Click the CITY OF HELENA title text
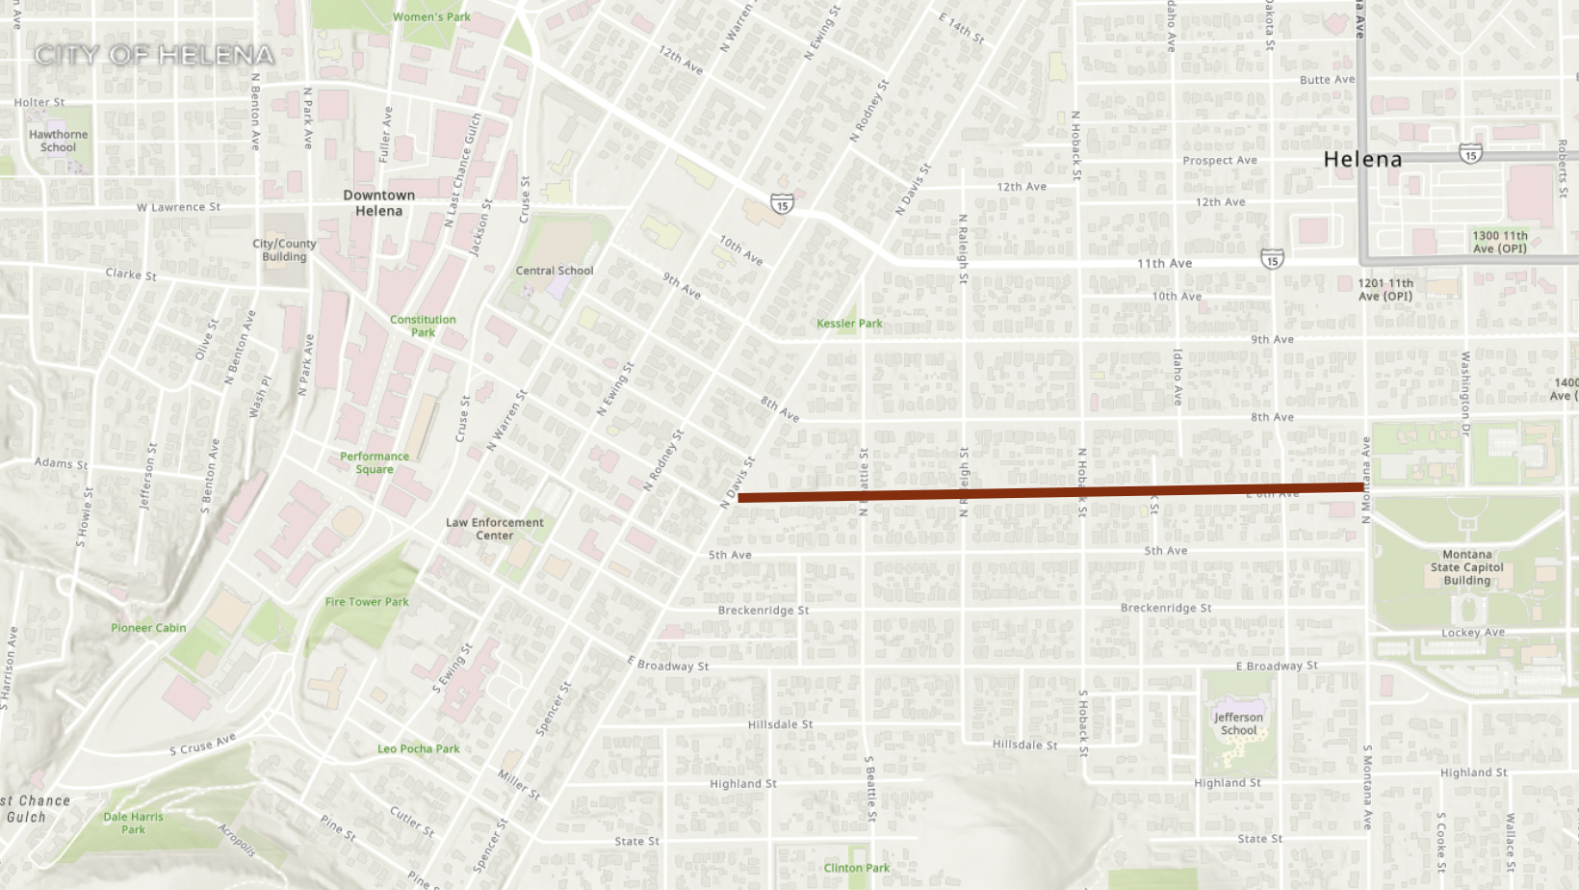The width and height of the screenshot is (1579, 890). (x=154, y=55)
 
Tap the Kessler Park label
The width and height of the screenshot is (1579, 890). (x=849, y=324)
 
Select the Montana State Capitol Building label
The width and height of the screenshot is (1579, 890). (x=1466, y=567)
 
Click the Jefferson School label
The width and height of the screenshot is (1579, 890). (x=1238, y=723)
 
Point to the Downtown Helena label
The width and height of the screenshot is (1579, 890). (x=379, y=202)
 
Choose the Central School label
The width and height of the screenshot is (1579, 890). (x=555, y=271)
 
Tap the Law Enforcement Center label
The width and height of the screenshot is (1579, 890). (x=494, y=529)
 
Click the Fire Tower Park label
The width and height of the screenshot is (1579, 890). (x=367, y=602)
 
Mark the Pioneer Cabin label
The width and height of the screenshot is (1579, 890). (x=148, y=628)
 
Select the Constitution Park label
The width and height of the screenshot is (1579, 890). (x=423, y=326)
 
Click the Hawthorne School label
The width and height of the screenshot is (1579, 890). (x=58, y=141)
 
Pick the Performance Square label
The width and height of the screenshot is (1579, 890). (x=375, y=462)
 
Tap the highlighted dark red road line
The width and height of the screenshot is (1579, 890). (x=1049, y=492)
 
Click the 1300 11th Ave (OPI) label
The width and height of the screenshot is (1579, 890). (x=1499, y=242)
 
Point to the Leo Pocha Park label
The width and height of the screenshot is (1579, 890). (x=418, y=748)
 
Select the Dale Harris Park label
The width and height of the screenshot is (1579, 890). (x=133, y=823)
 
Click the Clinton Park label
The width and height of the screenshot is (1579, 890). (x=856, y=868)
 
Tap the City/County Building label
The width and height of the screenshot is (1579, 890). (x=284, y=249)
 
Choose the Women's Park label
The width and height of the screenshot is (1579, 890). (x=431, y=17)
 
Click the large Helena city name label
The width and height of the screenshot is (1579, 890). (x=1362, y=159)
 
